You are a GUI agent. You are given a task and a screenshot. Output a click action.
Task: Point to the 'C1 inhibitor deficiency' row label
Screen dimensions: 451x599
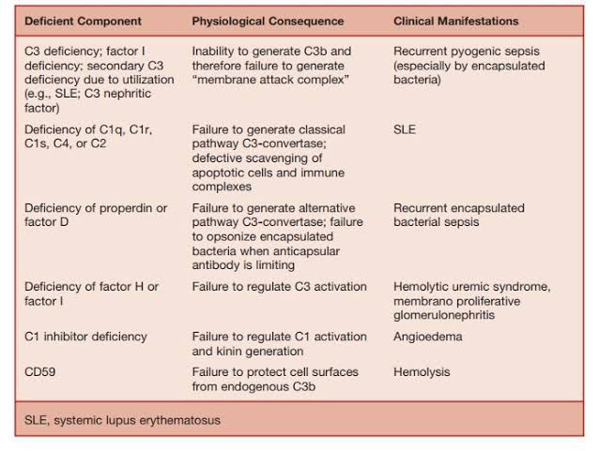[85, 337]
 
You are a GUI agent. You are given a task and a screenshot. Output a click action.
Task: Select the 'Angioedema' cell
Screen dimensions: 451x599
[427, 337]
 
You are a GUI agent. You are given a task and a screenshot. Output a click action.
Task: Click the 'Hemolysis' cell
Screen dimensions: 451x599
[422, 372]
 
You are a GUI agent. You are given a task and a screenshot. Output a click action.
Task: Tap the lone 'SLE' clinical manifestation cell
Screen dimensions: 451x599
[405, 129]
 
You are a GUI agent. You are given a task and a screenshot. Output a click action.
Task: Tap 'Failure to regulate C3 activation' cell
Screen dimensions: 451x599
[279, 287]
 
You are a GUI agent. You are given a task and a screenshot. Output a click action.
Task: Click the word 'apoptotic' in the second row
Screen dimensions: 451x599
[221, 173]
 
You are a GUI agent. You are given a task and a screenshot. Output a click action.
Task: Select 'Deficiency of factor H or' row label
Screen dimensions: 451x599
[91, 287]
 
